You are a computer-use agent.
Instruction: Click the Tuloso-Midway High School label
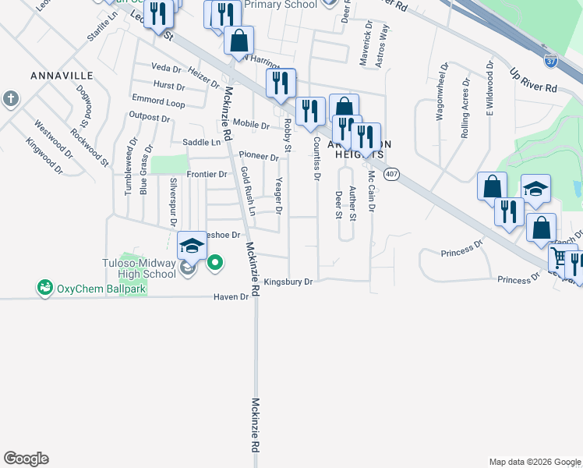click(139, 268)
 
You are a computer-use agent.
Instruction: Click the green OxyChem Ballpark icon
click(45, 288)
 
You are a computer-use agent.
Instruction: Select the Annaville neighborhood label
click(62, 76)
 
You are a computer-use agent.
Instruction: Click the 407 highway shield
click(391, 175)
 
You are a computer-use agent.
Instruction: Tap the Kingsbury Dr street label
click(288, 282)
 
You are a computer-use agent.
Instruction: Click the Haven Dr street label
click(233, 297)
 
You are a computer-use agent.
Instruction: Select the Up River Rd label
click(534, 77)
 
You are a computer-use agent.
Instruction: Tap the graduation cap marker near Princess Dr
click(535, 189)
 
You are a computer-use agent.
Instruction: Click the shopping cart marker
click(560, 257)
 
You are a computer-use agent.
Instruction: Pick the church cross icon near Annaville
click(10, 99)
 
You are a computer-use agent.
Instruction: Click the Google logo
click(26, 459)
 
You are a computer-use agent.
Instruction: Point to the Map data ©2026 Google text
click(534, 462)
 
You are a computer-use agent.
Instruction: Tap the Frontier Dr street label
click(207, 174)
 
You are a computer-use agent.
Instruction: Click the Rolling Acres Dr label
click(465, 108)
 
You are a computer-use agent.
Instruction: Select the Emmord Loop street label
click(158, 103)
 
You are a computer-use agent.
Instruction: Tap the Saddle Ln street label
click(202, 143)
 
